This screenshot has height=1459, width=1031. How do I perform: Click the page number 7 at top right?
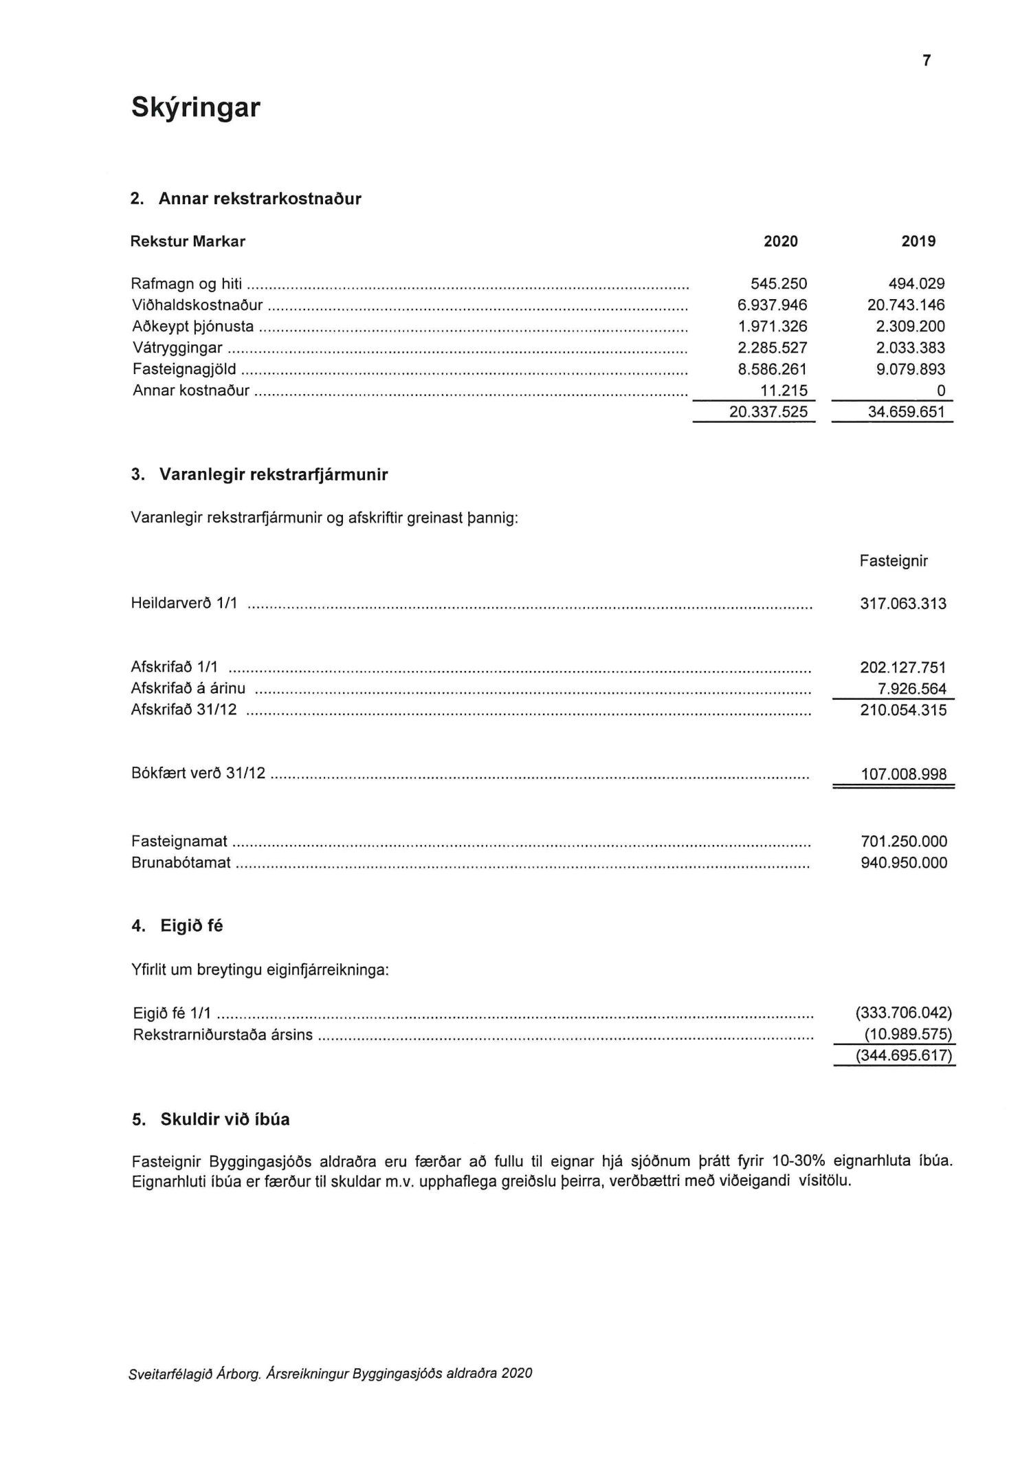[x=927, y=61]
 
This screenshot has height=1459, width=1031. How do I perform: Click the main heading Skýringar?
[x=195, y=108]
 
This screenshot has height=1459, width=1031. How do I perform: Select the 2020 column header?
[x=781, y=241]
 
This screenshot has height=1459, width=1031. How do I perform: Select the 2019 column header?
[x=918, y=241]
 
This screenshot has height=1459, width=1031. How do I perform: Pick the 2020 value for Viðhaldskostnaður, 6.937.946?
[x=773, y=305]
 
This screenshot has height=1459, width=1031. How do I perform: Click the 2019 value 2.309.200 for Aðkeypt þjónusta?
[x=911, y=327]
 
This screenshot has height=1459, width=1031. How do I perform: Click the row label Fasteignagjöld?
[x=187, y=370]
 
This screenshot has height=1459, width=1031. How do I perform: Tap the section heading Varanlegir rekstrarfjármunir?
[x=273, y=474]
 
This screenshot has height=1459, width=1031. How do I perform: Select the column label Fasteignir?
[x=894, y=561]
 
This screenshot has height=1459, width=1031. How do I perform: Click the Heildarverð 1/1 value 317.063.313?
[x=903, y=604]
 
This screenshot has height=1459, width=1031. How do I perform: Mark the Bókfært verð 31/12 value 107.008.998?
[x=903, y=775]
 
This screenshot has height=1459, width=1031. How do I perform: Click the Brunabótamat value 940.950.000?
[x=903, y=863]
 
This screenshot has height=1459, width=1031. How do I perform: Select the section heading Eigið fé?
[x=191, y=926]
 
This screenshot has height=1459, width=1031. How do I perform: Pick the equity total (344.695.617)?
[x=902, y=1055]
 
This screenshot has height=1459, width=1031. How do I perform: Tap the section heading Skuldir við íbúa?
[x=225, y=1119]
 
